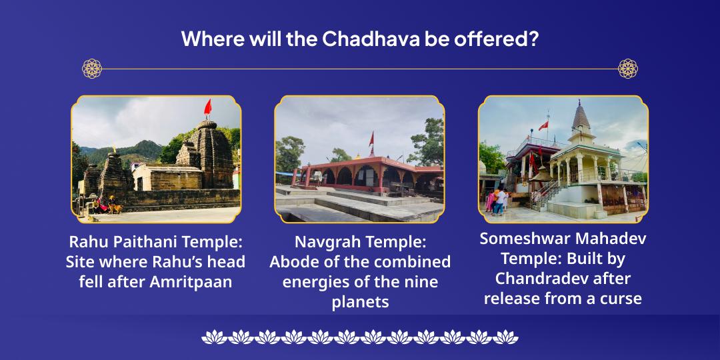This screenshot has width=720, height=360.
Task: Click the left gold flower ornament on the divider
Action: coord(92,68)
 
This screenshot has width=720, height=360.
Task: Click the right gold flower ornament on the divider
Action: coord(628,68)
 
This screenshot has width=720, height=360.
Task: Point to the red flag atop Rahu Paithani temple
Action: coord(207,107)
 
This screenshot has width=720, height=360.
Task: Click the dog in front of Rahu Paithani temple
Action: coord(118,208)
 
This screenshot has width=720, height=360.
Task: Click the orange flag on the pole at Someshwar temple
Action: coord(543,125)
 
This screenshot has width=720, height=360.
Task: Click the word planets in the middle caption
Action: coord(360,301)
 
